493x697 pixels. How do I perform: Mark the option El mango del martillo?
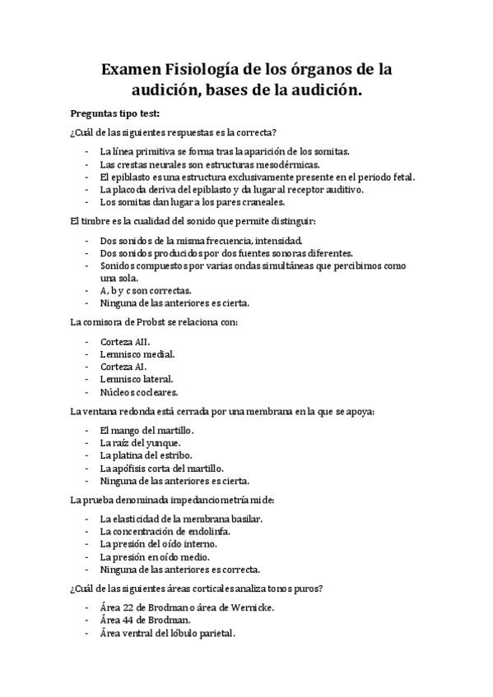(147, 430)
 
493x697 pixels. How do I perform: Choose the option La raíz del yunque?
(139, 443)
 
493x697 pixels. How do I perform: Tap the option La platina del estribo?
(146, 455)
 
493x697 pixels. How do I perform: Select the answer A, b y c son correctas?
(146, 290)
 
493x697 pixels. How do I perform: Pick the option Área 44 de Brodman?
(144, 620)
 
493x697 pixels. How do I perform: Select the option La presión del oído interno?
(158, 544)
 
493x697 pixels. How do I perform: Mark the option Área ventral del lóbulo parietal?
(166, 633)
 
